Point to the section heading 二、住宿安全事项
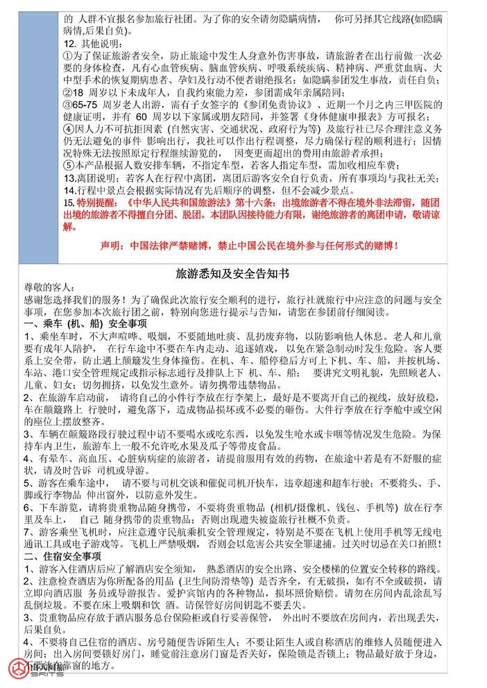(x=62, y=556)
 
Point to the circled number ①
(x=67, y=56)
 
